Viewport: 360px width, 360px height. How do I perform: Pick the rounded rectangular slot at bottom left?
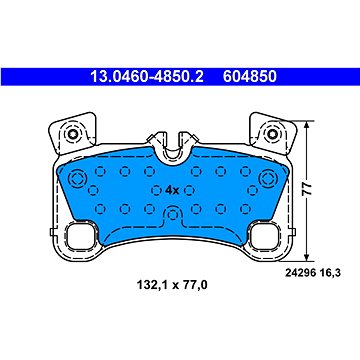pos(79,241)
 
